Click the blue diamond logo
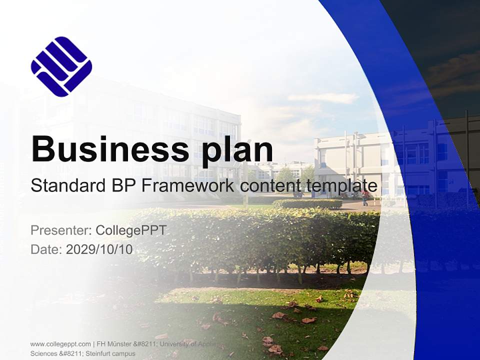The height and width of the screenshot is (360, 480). [x=61, y=66]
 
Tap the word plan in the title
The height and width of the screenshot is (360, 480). [x=232, y=149]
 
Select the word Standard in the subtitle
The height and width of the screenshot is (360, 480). [x=66, y=186]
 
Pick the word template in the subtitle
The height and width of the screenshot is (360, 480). [x=340, y=186]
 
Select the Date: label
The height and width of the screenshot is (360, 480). [x=46, y=249]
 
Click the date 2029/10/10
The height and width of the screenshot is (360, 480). [x=99, y=249]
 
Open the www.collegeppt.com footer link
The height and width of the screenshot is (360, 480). [x=60, y=344]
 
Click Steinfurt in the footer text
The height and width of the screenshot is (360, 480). [x=98, y=353]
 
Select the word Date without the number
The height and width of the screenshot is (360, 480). [x=45, y=249]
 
